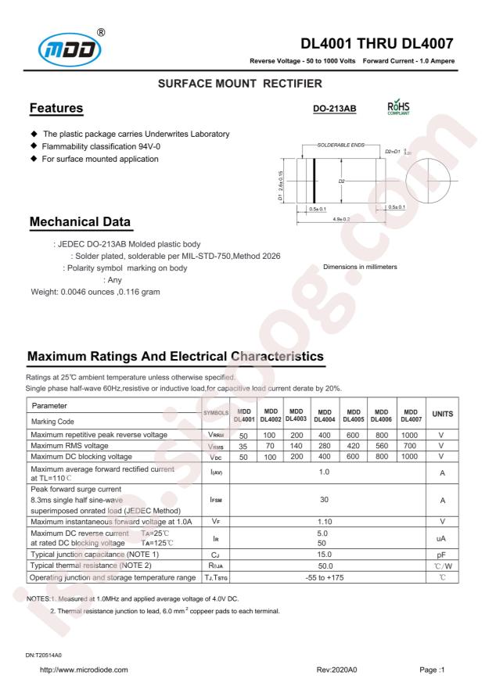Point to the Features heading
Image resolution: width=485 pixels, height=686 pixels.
click(x=56, y=107)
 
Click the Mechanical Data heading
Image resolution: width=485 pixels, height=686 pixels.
click(x=80, y=224)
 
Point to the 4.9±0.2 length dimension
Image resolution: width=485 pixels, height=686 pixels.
click(x=339, y=220)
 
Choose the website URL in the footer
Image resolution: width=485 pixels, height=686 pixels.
click(x=84, y=670)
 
